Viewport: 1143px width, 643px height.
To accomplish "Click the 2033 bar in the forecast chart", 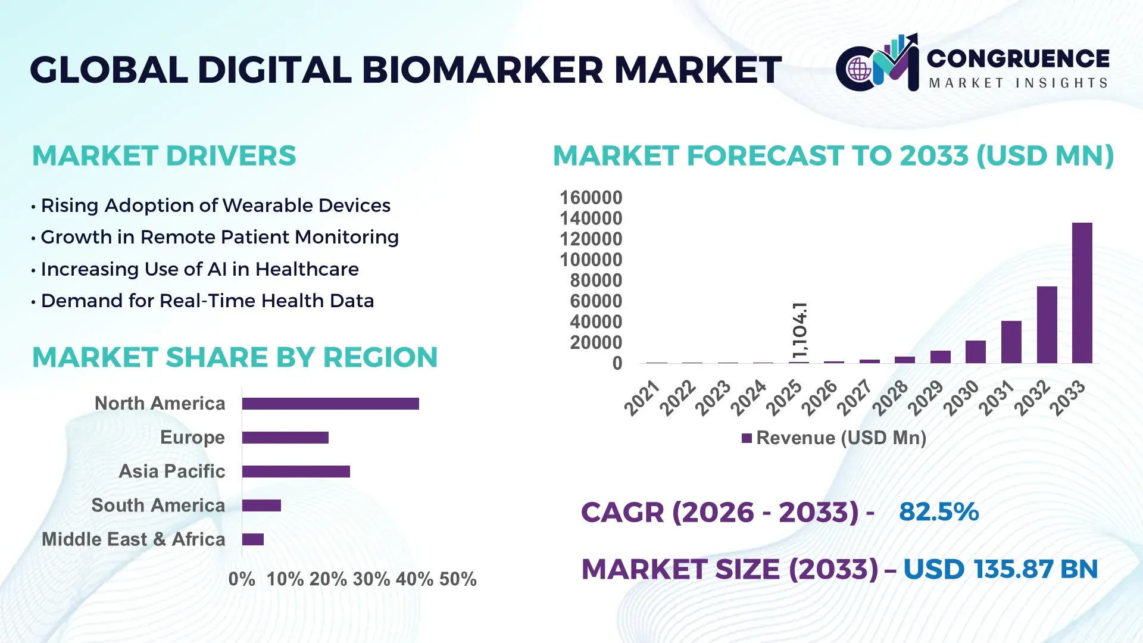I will pyautogui.click(x=1082, y=293).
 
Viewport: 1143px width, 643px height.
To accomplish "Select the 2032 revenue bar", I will pyautogui.click(x=1047, y=324).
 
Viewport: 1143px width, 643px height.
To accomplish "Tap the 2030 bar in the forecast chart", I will pyautogui.click(x=975, y=352).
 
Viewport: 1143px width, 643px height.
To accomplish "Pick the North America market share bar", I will pyautogui.click(x=330, y=404).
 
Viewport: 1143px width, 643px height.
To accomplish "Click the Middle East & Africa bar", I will pyautogui.click(x=253, y=539).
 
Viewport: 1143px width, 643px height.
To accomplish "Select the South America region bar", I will pyautogui.click(x=261, y=505).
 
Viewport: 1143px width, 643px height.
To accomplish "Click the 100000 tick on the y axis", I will pyautogui.click(x=591, y=260).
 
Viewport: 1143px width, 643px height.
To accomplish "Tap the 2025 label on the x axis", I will pyautogui.click(x=783, y=398).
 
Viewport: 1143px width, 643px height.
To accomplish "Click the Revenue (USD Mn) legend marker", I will pyautogui.click(x=747, y=438).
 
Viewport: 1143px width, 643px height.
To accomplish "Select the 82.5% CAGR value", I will pyautogui.click(x=938, y=511).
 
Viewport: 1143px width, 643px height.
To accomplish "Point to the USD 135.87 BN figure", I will pyautogui.click(x=1000, y=569).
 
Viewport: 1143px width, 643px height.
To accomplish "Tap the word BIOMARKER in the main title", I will pyautogui.click(x=482, y=70).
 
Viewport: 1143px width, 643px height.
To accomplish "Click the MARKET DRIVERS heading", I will pyautogui.click(x=164, y=156).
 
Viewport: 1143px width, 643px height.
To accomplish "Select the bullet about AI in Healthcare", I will pyautogui.click(x=199, y=269).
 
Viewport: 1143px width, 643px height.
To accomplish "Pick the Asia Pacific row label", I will pyautogui.click(x=171, y=471).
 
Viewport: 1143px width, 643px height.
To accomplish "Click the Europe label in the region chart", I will pyautogui.click(x=192, y=437).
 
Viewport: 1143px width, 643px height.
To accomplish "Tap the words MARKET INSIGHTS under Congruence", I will pyautogui.click(x=1018, y=83).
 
